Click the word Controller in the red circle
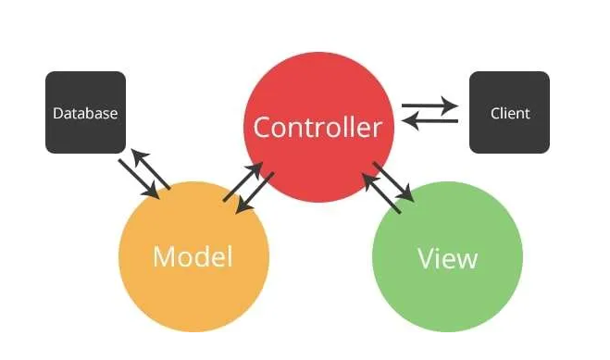317,127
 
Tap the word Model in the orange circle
193,256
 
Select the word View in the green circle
447,257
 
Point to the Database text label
85,114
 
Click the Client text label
510,114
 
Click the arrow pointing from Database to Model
138,179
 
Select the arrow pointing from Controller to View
395,180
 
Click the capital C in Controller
263,127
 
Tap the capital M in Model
163,256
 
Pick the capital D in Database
57,114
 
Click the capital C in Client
495,114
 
